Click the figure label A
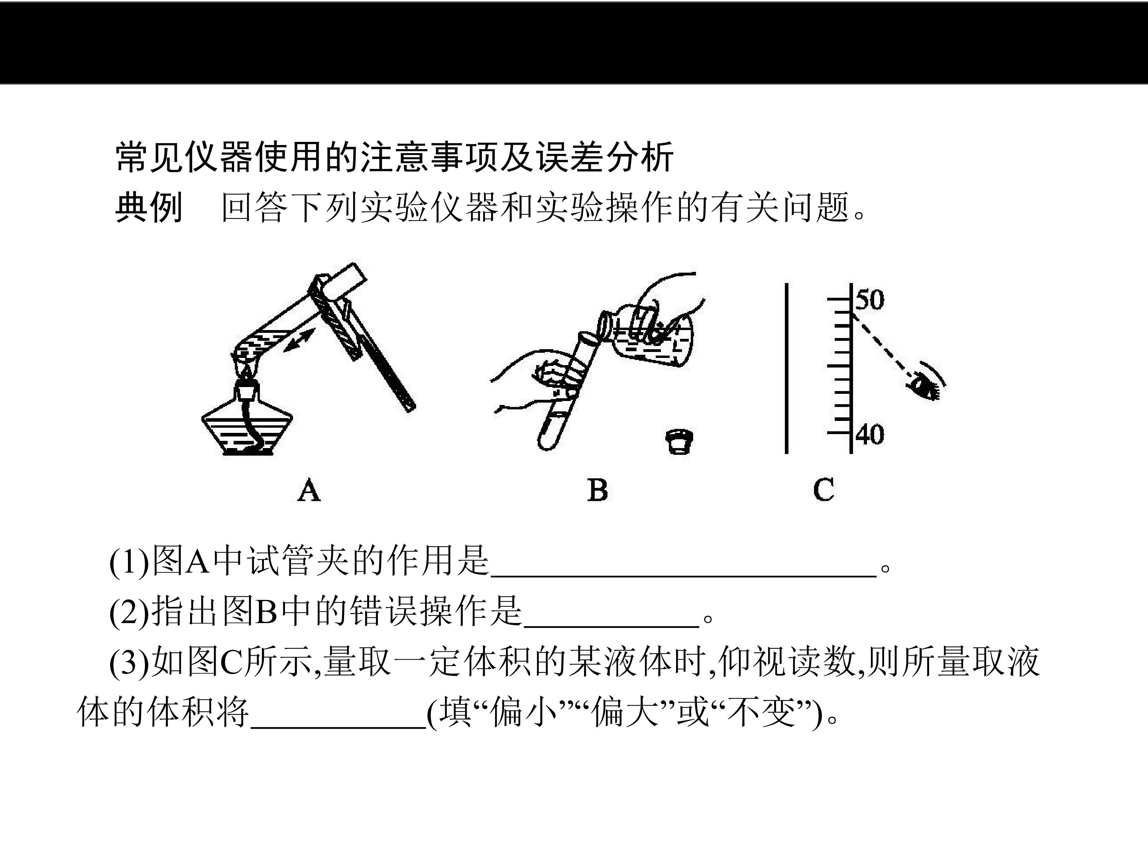pos(309,490)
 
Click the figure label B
pos(598,490)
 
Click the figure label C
pos(824,490)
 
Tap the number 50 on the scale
pos(870,300)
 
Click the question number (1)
pos(129,562)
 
